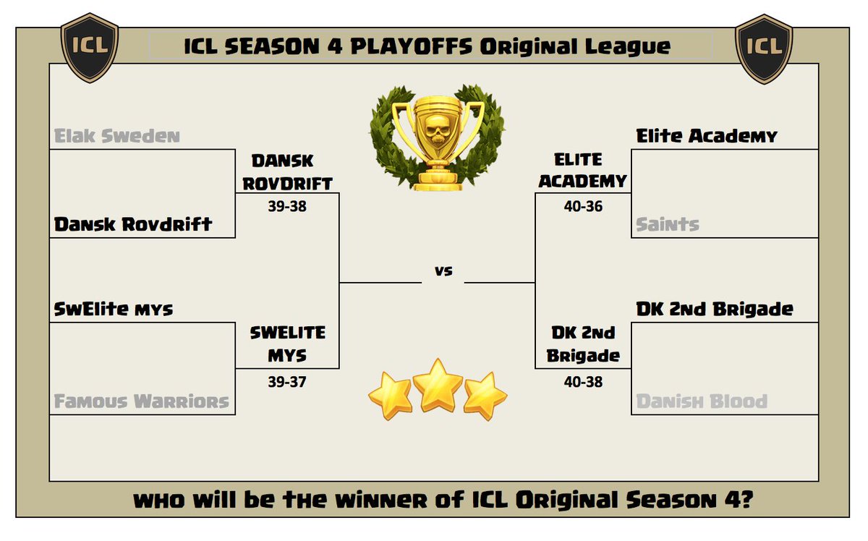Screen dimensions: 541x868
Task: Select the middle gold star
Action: click(438, 385)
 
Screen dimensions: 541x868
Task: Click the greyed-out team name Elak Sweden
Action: click(117, 136)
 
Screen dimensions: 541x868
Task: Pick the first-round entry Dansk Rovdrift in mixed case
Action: click(133, 224)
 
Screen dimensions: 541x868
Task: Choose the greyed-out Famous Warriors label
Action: click(142, 401)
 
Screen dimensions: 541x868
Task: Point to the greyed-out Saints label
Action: click(668, 225)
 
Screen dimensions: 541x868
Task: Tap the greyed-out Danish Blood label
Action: click(702, 401)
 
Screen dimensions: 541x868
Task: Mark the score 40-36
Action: click(582, 206)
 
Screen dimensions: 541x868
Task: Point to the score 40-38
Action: click(582, 381)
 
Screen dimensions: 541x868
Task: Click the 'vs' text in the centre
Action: click(443, 272)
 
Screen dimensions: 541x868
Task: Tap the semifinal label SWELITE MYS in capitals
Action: click(288, 344)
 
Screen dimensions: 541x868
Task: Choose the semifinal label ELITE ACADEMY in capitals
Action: click(582, 170)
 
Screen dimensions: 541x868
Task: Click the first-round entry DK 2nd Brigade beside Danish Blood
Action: click(715, 310)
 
